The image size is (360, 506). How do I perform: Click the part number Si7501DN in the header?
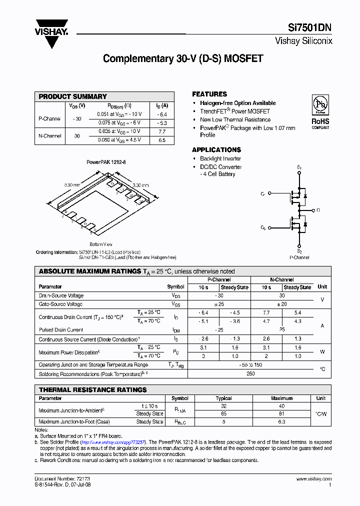(x=309, y=28)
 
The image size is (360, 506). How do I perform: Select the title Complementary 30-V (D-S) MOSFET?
(x=183, y=58)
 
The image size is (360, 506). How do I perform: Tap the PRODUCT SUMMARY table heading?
(x=73, y=96)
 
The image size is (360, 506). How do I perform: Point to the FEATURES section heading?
(x=209, y=94)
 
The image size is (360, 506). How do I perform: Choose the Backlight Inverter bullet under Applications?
(x=220, y=158)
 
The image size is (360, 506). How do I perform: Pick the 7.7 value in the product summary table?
(x=161, y=131)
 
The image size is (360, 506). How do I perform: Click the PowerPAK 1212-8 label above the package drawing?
(x=106, y=162)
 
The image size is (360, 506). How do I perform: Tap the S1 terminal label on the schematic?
(x=299, y=166)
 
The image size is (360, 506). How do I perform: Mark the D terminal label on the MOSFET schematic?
(x=318, y=210)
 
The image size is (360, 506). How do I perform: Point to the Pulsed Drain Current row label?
(x=61, y=330)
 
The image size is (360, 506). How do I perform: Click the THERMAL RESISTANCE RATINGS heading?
(x=93, y=389)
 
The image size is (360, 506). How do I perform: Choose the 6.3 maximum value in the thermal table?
(x=281, y=421)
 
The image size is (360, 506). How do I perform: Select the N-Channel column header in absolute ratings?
(x=281, y=280)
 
